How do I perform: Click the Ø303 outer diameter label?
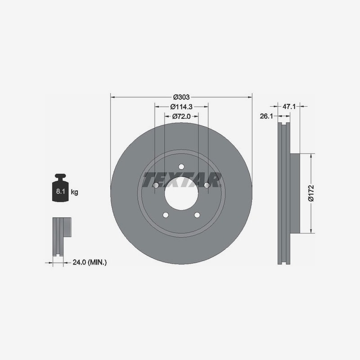(x=181, y=97)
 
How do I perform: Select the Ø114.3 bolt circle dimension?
(x=181, y=107)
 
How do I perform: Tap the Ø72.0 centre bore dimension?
(x=181, y=117)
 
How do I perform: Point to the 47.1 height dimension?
(x=289, y=107)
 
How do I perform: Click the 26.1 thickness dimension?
(x=266, y=117)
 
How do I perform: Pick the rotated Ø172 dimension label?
(x=311, y=193)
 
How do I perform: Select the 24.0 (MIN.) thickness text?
(x=90, y=262)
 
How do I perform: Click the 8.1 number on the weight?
(x=61, y=191)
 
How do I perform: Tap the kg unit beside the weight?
(x=74, y=192)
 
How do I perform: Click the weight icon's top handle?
(x=60, y=176)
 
